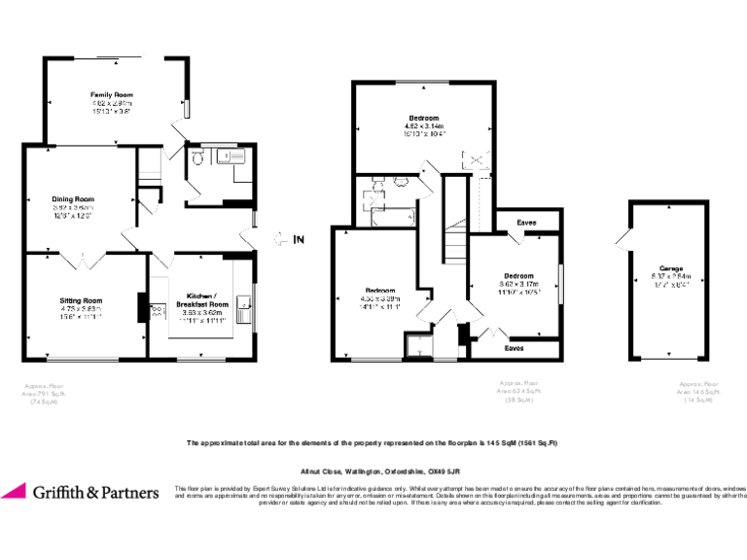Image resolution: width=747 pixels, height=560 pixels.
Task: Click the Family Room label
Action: [x=112, y=94]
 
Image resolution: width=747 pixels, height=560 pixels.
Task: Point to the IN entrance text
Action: [x=299, y=239]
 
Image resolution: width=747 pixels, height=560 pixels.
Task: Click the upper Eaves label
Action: [x=526, y=223]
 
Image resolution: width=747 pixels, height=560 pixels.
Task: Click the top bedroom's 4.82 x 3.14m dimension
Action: [x=424, y=126]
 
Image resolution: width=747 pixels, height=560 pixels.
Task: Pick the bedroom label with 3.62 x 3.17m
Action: [x=518, y=275]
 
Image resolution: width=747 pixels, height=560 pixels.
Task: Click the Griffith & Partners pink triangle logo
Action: [x=15, y=491]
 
